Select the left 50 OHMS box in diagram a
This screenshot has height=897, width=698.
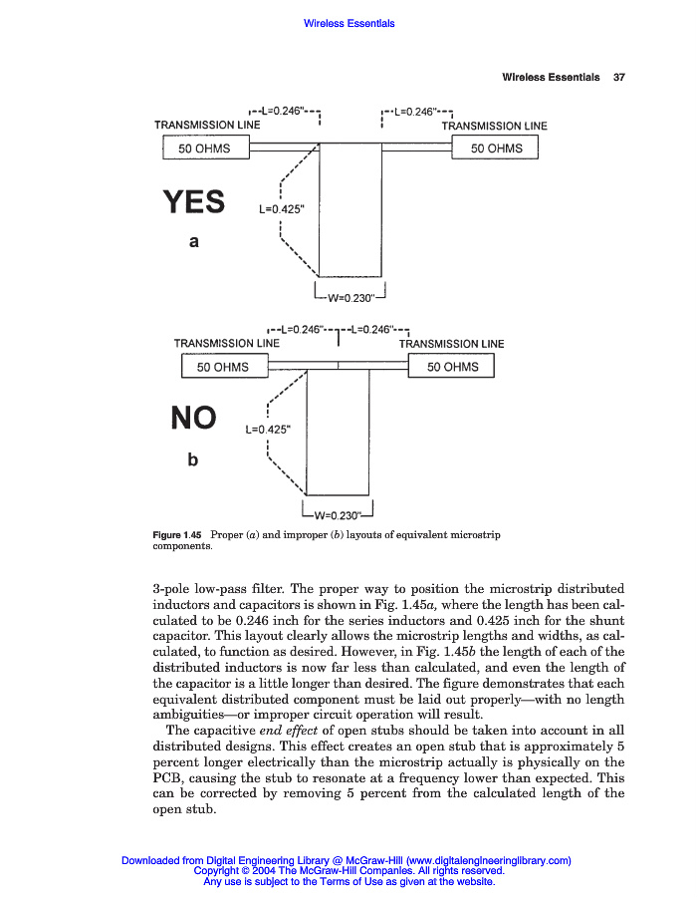coord(204,149)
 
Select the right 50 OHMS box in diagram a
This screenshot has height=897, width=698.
coord(496,149)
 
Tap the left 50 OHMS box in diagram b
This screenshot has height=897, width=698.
coord(223,367)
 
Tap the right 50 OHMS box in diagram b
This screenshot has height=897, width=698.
coord(452,367)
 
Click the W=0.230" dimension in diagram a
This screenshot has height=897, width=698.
coord(349,296)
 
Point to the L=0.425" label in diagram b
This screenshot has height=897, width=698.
coord(267,430)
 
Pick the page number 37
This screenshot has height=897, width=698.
coord(618,78)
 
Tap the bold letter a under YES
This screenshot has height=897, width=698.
coord(194,241)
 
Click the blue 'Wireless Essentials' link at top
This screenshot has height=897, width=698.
coord(349,24)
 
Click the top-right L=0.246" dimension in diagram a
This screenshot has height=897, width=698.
coord(420,110)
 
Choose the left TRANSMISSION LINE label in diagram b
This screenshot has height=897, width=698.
coord(227,344)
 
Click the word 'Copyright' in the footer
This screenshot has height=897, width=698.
coord(218,870)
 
